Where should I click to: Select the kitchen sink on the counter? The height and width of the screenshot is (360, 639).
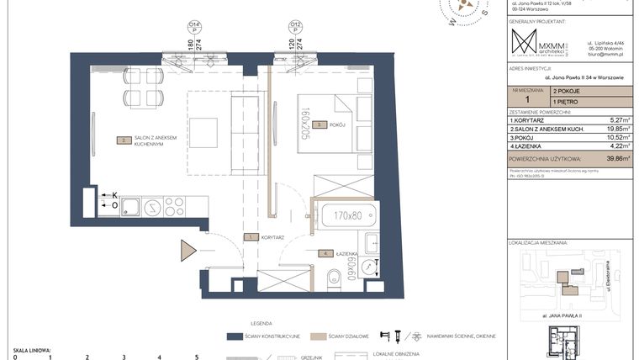129,205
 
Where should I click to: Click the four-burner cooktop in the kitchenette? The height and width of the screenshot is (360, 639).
173,205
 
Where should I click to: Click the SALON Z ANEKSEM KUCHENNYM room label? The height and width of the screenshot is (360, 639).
152,142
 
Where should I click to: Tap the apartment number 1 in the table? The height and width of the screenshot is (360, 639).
526,99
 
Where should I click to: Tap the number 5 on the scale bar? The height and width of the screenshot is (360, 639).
196,357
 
